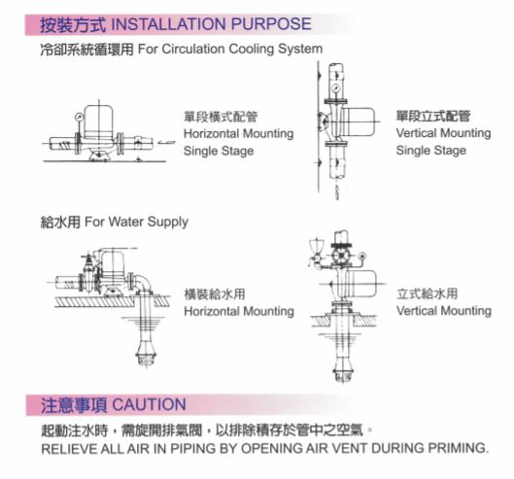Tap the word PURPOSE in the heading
pos(271,24)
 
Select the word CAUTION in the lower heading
pos(150,404)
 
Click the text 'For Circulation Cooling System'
pos(230,50)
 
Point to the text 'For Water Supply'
pos(136,222)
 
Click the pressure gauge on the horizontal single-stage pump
pos(79,117)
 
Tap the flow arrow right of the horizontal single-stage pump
pos(166,142)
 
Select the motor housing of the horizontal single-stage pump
pos(99,121)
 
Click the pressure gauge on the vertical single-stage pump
pos(335,87)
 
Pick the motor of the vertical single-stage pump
pos(358,121)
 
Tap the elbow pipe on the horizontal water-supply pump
pos(143,283)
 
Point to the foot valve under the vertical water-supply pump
pos(342,373)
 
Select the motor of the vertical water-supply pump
pos(360,284)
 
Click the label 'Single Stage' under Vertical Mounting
pos(431,151)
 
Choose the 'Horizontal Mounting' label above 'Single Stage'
pos(238,134)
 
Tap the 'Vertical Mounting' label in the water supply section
pos(444,311)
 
